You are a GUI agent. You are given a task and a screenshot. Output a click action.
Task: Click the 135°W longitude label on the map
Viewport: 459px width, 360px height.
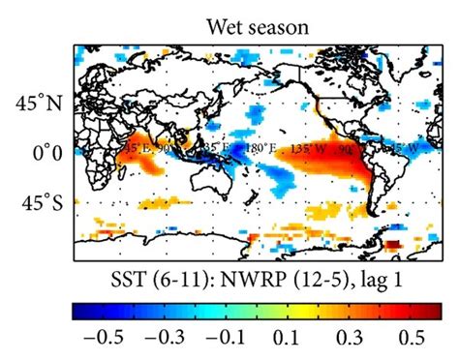pyautogui.click(x=289, y=150)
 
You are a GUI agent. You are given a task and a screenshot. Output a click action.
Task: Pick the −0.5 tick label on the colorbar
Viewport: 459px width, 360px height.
pyautogui.click(x=96, y=341)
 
